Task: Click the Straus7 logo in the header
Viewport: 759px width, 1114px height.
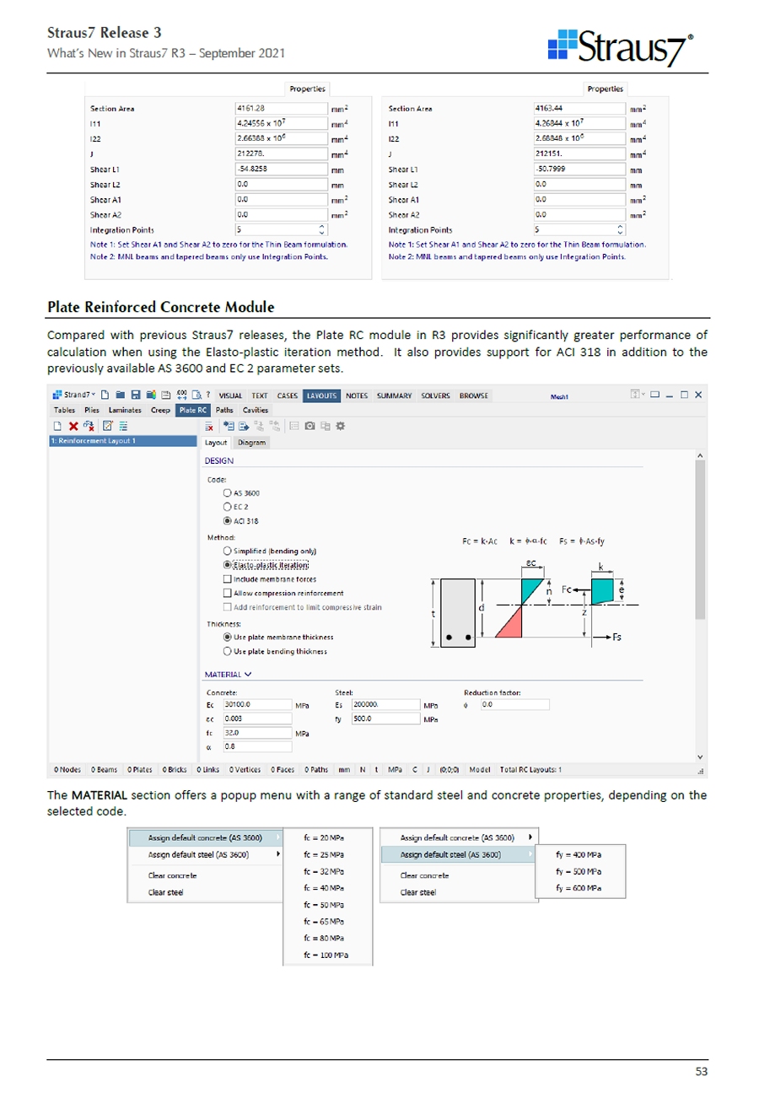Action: (621, 47)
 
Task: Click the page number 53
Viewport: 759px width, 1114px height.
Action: (701, 1071)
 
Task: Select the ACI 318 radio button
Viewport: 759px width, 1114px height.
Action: (228, 521)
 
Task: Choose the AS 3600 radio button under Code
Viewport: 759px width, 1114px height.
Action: (228, 492)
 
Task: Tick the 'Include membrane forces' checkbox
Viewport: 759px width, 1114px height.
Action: (228, 579)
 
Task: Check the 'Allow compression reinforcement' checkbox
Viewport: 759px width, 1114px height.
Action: (228, 593)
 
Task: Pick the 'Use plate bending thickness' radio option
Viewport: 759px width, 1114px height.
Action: (228, 651)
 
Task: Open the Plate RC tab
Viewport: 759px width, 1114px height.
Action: (192, 410)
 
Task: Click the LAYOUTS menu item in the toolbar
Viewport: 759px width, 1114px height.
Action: (320, 396)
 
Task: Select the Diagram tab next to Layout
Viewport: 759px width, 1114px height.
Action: (251, 442)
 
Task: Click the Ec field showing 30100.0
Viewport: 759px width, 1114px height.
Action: (256, 704)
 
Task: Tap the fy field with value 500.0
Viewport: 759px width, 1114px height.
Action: (385, 718)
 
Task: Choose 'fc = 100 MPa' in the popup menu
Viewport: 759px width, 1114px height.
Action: (326, 955)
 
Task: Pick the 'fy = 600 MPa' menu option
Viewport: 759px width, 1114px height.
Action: (579, 888)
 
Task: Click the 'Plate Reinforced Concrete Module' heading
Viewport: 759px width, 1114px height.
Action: (161, 307)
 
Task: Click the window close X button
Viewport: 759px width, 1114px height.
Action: (698, 395)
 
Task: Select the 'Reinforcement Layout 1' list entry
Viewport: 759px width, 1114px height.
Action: (122, 441)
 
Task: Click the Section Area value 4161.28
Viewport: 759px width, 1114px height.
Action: (280, 108)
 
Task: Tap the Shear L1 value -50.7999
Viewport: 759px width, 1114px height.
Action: (579, 169)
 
